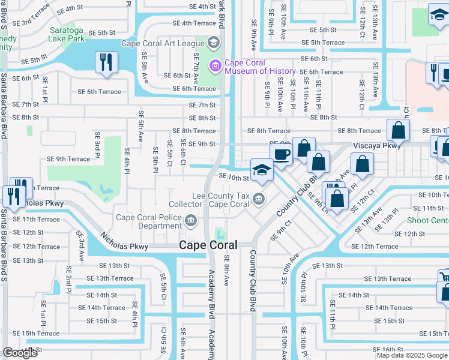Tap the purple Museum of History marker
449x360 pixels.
pyautogui.click(x=213, y=65)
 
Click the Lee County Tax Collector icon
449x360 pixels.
pyautogui.click(x=258, y=199)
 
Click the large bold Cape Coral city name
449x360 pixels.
pyautogui.click(x=208, y=245)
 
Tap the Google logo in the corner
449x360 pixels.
pyautogui.click(x=20, y=353)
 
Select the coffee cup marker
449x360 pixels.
pyautogui.click(x=281, y=154)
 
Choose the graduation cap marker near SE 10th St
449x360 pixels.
pyautogui.click(x=262, y=170)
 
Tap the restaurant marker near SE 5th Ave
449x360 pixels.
pyautogui.click(x=106, y=62)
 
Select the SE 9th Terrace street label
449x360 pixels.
pyautogui.click(x=68, y=159)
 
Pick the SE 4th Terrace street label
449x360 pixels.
pyautogui.click(x=194, y=23)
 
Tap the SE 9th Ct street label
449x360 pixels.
pyautogui.click(x=281, y=230)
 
